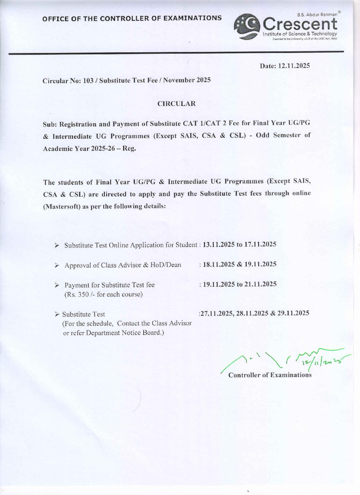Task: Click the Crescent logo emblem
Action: click(x=247, y=27)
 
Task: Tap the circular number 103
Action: click(x=88, y=80)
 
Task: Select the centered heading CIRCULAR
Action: click(x=176, y=104)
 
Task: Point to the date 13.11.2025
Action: click(x=219, y=245)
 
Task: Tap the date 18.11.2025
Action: click(x=219, y=264)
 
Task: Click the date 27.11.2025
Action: click(x=216, y=313)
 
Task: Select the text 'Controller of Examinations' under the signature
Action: click(x=270, y=375)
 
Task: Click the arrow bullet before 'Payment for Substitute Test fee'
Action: click(x=57, y=285)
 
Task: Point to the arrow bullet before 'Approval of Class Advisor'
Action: click(x=57, y=265)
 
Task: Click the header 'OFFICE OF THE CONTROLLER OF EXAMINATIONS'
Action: click(x=132, y=18)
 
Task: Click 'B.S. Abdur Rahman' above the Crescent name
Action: click(x=317, y=15)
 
